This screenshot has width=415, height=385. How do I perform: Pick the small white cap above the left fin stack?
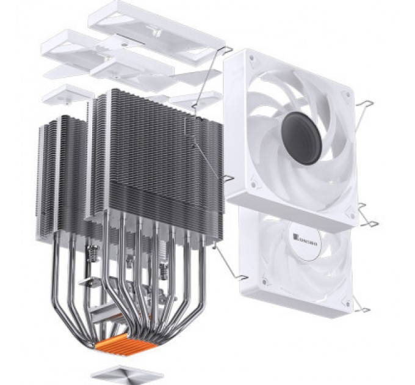click(67, 95)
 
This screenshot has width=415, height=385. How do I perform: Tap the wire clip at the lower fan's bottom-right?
click(364, 309)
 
